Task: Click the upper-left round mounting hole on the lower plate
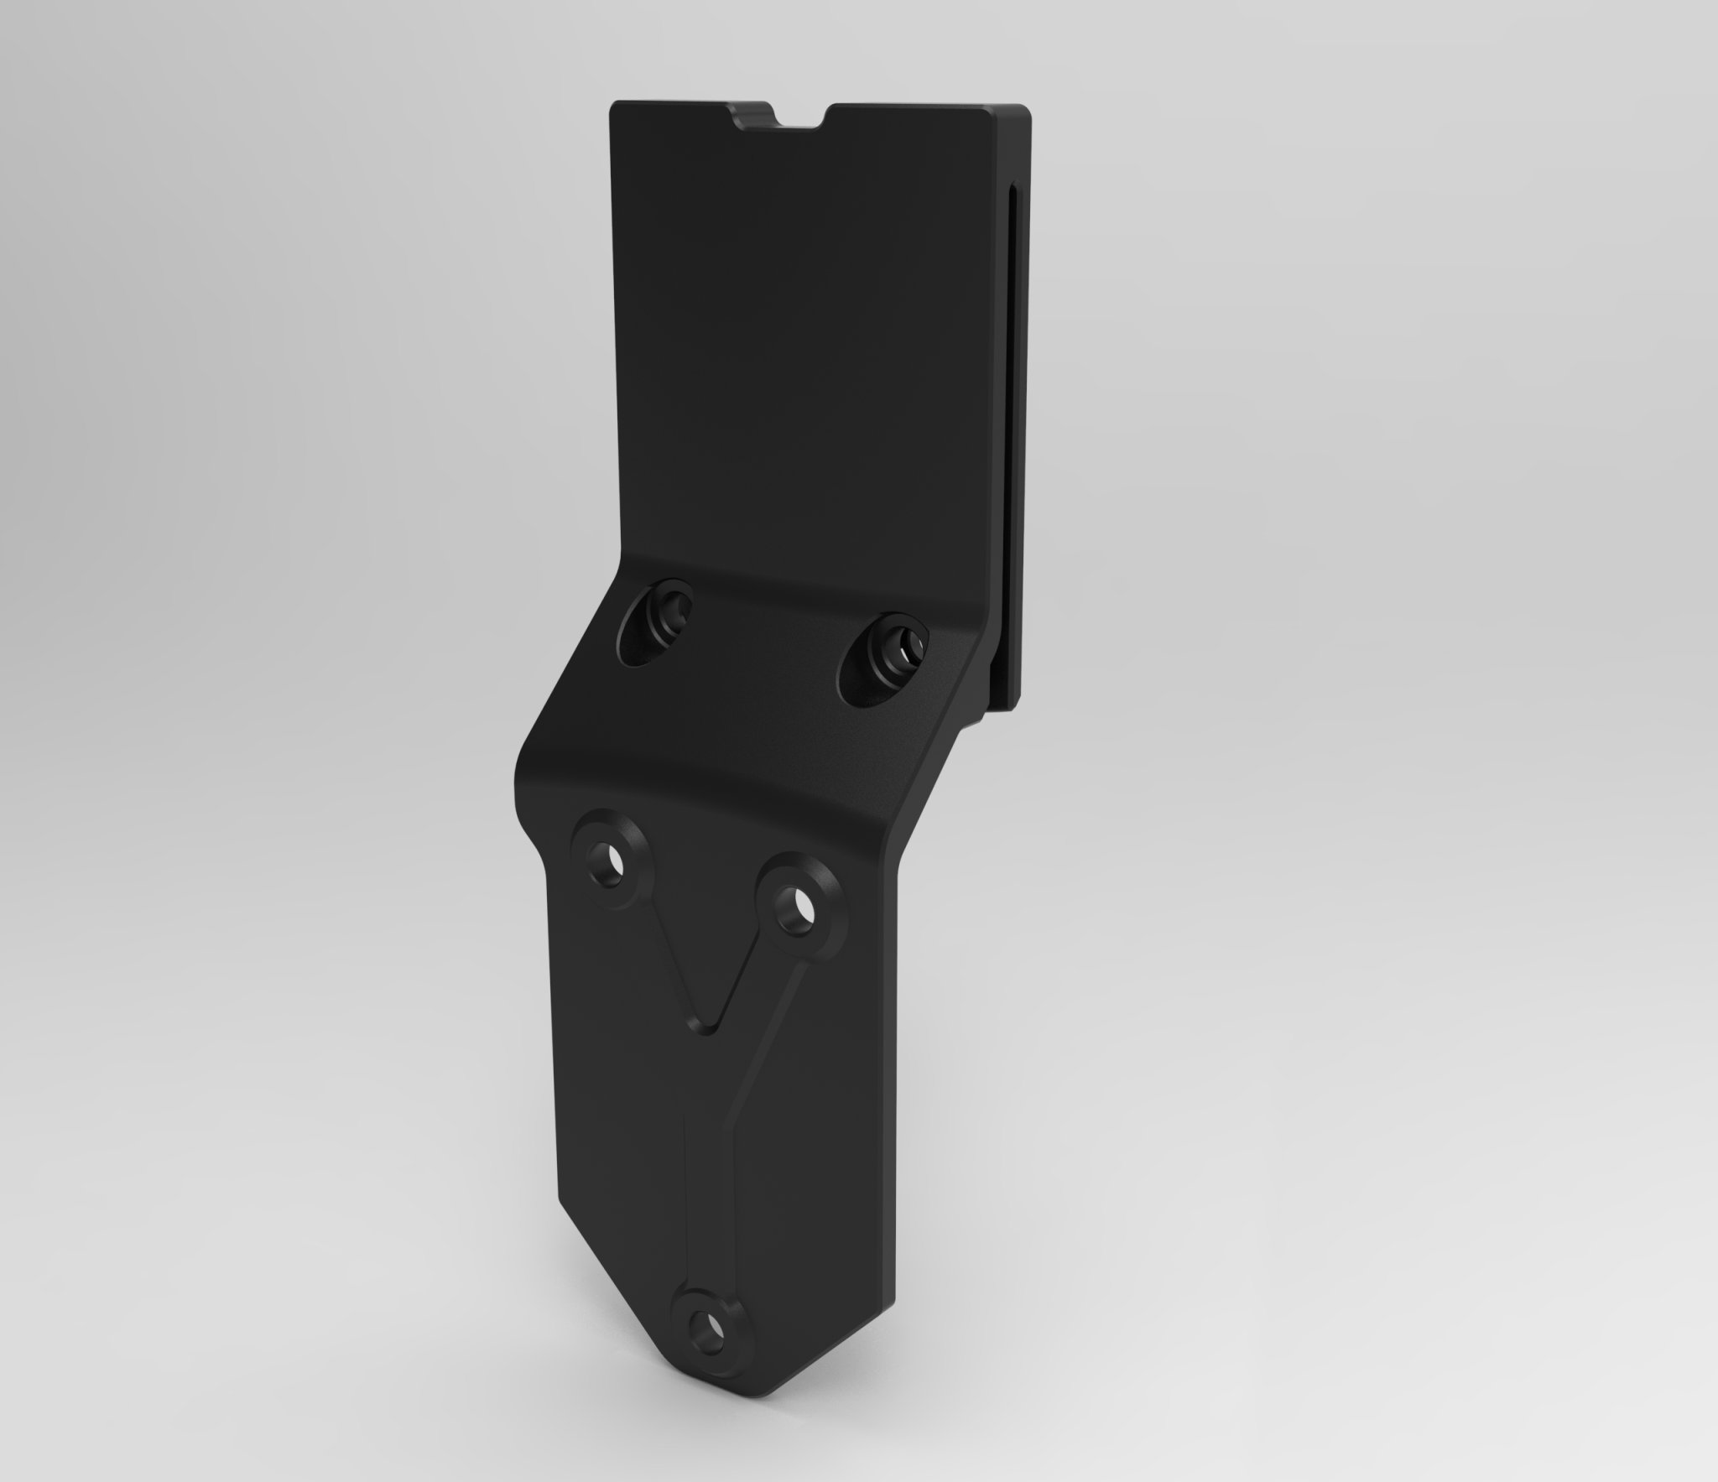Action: tap(617, 870)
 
